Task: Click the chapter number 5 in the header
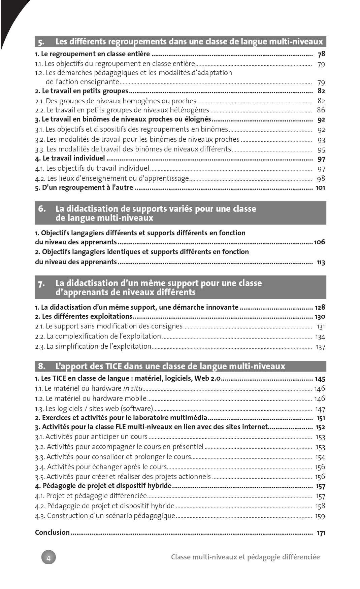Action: click(41, 42)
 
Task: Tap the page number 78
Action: click(321, 54)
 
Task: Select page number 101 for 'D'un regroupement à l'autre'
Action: click(320, 188)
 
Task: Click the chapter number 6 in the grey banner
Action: click(41, 209)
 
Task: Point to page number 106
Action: click(319, 242)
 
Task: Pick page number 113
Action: click(321, 262)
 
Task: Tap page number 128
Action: click(320, 307)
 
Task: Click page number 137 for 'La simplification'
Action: click(320, 347)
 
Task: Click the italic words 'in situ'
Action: click(133, 388)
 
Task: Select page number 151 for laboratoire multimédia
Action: click(321, 418)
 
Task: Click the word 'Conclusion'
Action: click(52, 532)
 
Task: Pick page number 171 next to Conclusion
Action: click(321, 533)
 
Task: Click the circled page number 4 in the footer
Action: click(48, 558)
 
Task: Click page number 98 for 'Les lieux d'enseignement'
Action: click(321, 179)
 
